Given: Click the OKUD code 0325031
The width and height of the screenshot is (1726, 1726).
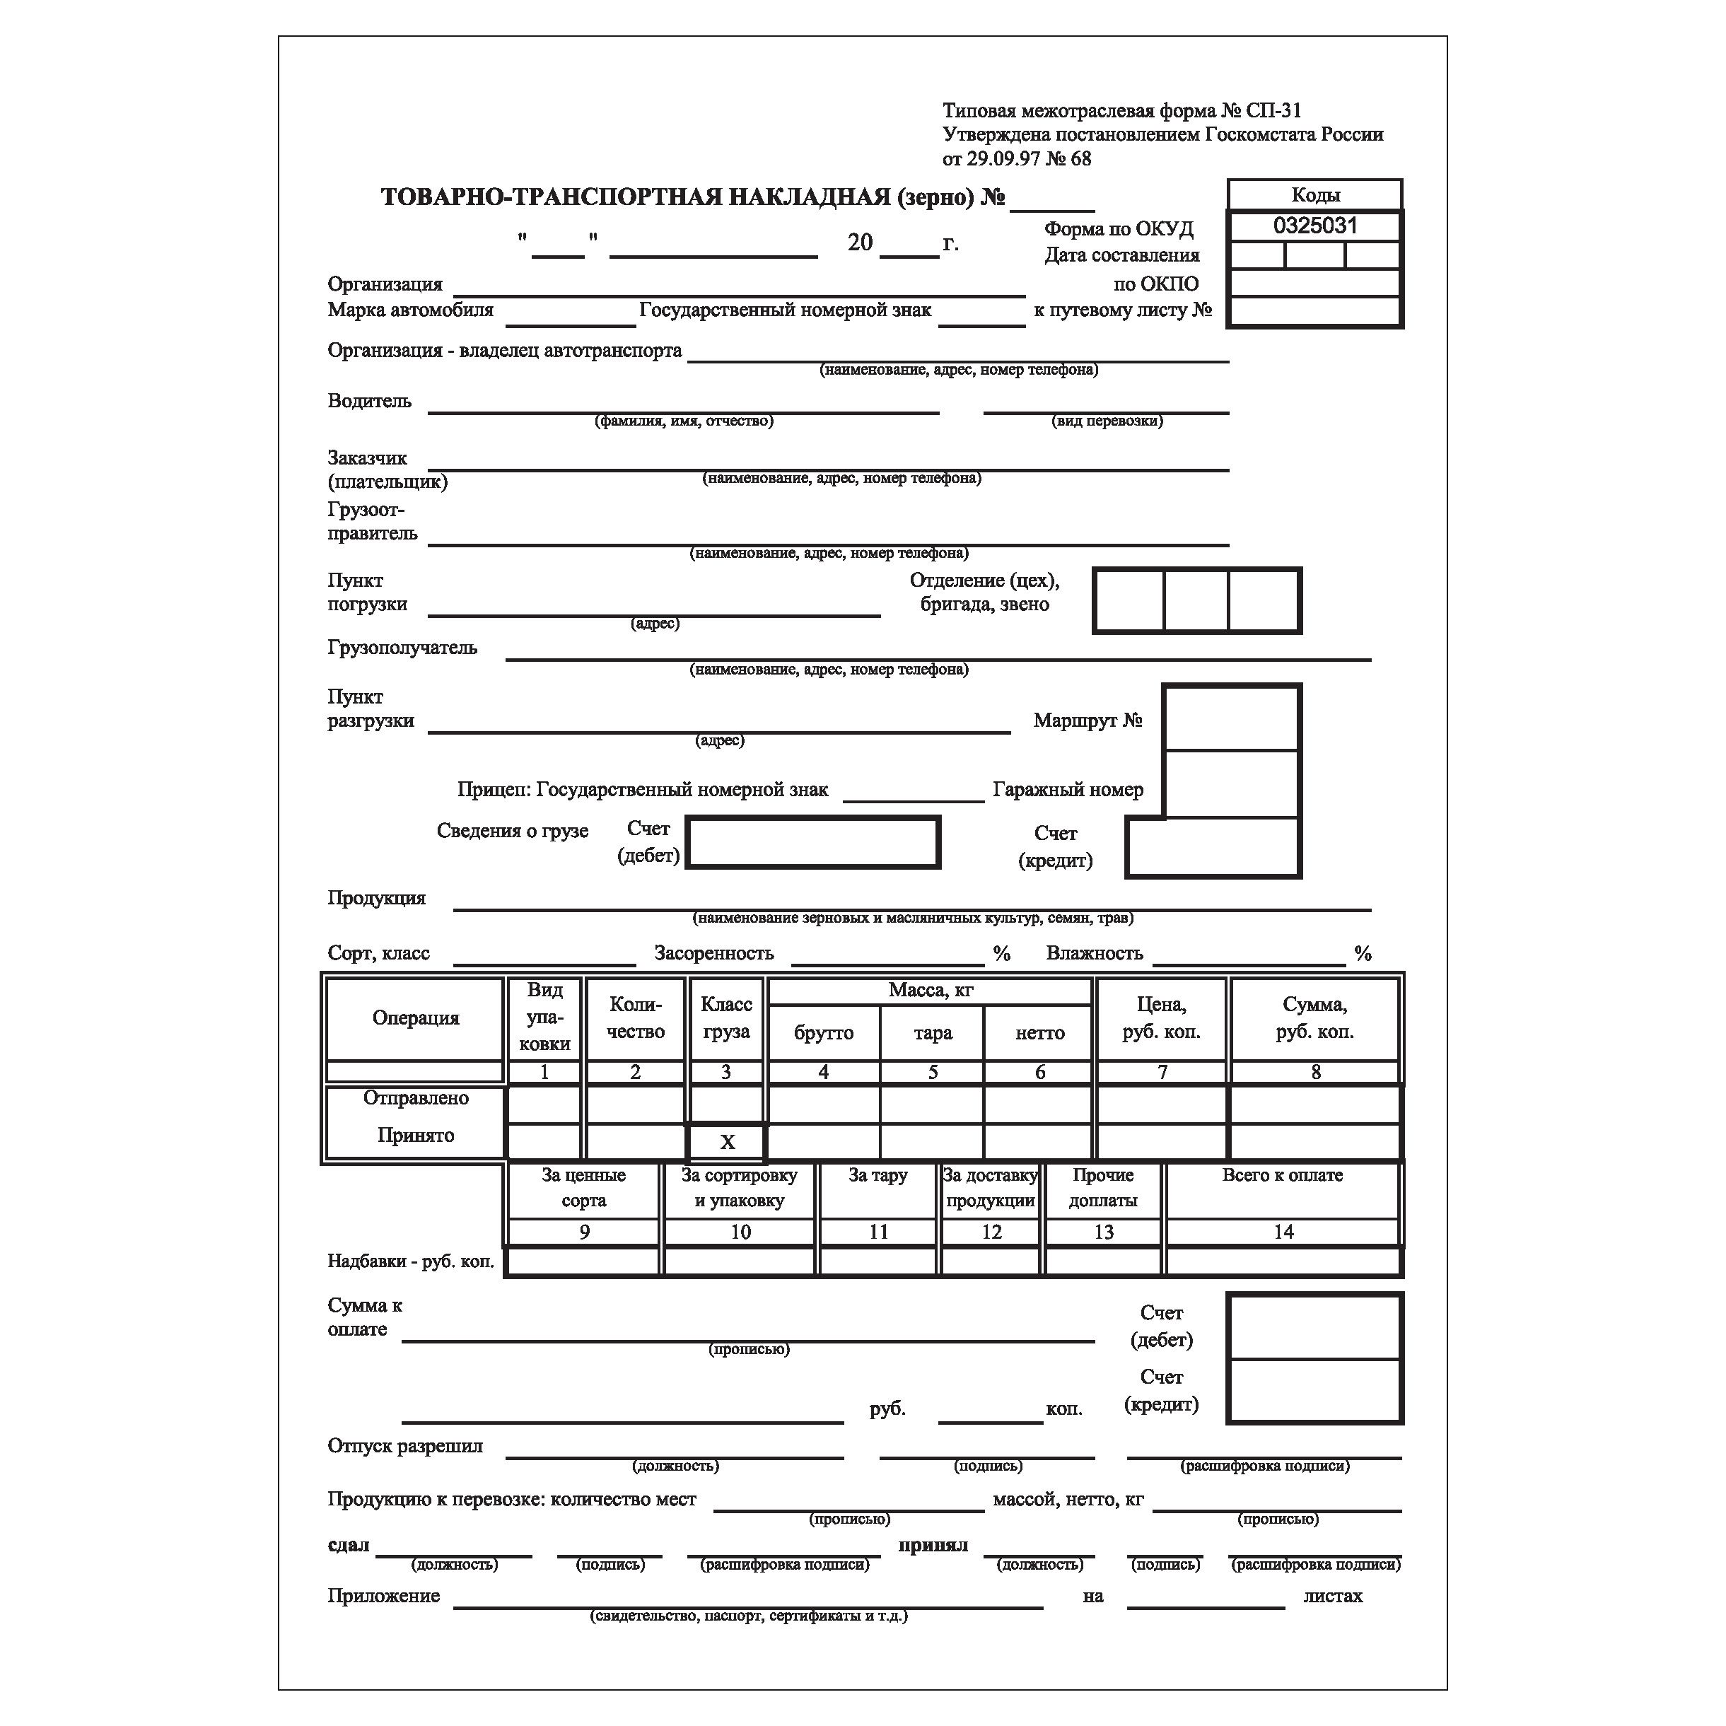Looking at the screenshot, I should (1314, 226).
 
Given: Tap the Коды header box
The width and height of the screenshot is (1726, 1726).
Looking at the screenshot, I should (1314, 194).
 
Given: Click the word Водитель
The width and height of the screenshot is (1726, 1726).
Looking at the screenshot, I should (369, 401).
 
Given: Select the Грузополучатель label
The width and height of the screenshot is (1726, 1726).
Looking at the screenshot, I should (402, 648).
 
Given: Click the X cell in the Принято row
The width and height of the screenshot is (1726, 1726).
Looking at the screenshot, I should (726, 1143).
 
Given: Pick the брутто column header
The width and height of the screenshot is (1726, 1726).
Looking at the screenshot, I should (823, 1034).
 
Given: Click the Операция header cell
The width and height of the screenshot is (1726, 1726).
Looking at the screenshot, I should (416, 1018).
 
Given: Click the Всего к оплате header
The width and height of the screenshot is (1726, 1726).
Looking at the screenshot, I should (1282, 1176).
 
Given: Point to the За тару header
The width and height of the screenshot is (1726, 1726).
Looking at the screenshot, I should (877, 1176).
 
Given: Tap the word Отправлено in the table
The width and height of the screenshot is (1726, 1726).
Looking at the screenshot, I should (416, 1098).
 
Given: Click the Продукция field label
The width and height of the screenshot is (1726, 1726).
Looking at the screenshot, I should (376, 899).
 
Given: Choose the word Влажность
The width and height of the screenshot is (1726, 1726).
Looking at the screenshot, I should (1095, 954).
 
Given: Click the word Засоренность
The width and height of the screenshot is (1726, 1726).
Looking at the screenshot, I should (714, 954).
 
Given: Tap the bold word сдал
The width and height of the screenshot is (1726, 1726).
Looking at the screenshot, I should (349, 1546).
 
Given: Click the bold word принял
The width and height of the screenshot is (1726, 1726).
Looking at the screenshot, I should (933, 1546).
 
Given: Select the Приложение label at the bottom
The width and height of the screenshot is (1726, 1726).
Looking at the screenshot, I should (383, 1597).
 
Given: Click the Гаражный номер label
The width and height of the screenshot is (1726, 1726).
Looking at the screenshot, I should (1068, 791).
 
